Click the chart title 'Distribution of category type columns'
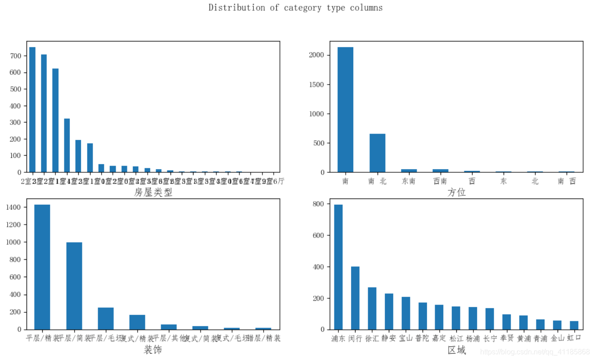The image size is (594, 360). (x=295, y=8)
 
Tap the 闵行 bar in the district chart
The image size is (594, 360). (x=355, y=298)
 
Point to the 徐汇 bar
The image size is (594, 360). (x=372, y=308)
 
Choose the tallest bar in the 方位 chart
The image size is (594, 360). (x=345, y=110)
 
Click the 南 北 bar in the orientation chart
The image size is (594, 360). (x=377, y=153)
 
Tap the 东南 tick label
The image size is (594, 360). (x=409, y=181)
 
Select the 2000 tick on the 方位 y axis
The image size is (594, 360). (x=317, y=55)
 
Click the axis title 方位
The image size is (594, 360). (x=456, y=193)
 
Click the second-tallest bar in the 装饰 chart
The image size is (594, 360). (x=74, y=286)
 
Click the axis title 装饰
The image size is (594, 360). (x=153, y=350)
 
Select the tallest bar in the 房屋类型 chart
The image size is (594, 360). (x=32, y=109)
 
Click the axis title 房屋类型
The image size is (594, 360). (x=153, y=193)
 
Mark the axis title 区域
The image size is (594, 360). (x=456, y=350)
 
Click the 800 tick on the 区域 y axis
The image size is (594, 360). (x=319, y=204)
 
